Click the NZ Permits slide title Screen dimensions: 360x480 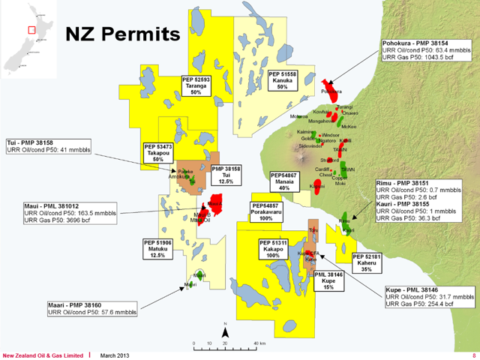[x=123, y=34]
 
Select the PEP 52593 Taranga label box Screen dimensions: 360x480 [x=196, y=85]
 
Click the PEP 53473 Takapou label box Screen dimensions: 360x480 [x=158, y=154]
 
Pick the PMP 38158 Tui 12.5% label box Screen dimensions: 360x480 [x=226, y=175]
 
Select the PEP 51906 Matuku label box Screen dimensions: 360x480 [x=157, y=249]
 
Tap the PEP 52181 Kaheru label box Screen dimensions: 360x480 [x=367, y=263]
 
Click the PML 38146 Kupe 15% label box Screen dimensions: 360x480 [x=328, y=280]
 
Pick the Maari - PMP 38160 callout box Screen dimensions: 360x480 [x=87, y=309]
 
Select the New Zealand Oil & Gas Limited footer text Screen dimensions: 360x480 [x=43, y=355]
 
